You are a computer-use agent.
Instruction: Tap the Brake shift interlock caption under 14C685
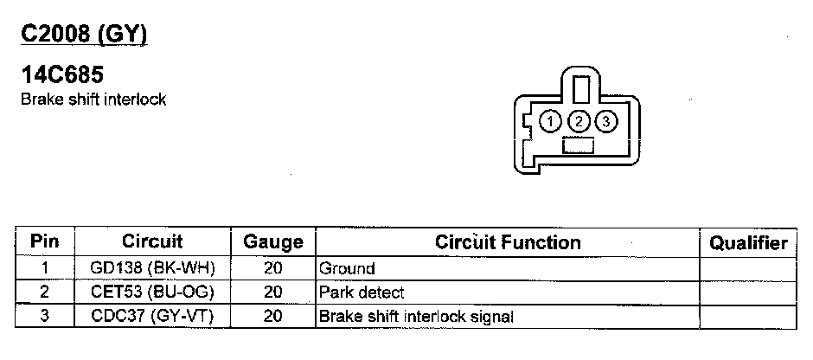pyautogui.click(x=93, y=99)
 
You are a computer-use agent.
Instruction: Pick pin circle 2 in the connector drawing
pyautogui.click(x=580, y=121)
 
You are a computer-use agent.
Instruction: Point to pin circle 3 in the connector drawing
pyautogui.click(x=607, y=121)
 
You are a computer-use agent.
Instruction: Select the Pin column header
pyautogui.click(x=44, y=242)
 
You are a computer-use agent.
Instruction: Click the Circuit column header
pyautogui.click(x=152, y=241)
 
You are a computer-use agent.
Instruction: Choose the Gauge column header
pyautogui.click(x=273, y=242)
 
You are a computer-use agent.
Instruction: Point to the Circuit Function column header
pyautogui.click(x=508, y=241)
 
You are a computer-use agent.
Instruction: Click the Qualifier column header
pyautogui.click(x=748, y=242)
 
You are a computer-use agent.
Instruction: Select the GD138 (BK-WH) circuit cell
pyautogui.click(x=152, y=269)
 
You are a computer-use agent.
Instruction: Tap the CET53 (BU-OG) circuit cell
pyautogui.click(x=152, y=292)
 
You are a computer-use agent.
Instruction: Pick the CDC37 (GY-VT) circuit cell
pyautogui.click(x=152, y=317)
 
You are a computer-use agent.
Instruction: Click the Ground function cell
pyautogui.click(x=347, y=269)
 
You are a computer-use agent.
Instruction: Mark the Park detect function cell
pyautogui.click(x=362, y=292)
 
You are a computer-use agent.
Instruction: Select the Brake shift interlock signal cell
pyautogui.click(x=416, y=317)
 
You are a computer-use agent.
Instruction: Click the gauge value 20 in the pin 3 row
pyautogui.click(x=273, y=317)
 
